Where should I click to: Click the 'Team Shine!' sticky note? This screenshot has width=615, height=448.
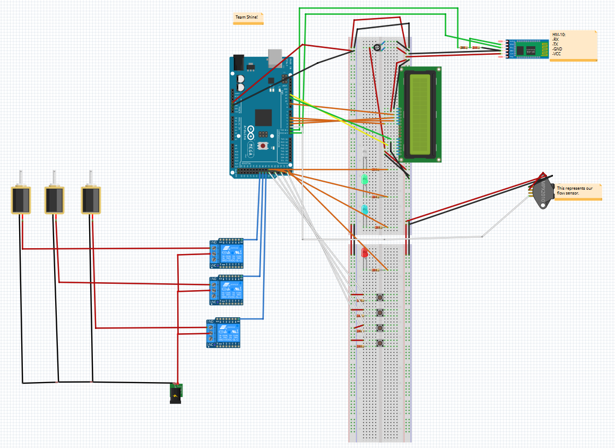click(x=248, y=18)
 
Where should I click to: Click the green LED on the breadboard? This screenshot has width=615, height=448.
click(x=365, y=180)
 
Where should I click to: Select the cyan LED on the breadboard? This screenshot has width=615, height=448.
click(x=365, y=209)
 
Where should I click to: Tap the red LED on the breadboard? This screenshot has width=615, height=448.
click(x=365, y=253)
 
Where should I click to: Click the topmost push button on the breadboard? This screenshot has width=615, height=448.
click(x=380, y=297)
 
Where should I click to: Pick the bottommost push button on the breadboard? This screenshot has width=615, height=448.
click(x=380, y=343)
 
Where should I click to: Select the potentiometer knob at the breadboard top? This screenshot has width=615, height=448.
click(x=376, y=48)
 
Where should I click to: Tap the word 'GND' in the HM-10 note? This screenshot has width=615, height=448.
click(x=557, y=48)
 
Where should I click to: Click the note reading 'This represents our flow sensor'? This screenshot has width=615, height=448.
click(x=577, y=191)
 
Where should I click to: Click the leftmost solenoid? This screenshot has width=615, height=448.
click(x=21, y=199)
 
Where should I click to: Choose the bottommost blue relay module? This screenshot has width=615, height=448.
click(x=224, y=333)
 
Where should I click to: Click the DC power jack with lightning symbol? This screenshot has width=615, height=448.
click(x=176, y=393)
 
